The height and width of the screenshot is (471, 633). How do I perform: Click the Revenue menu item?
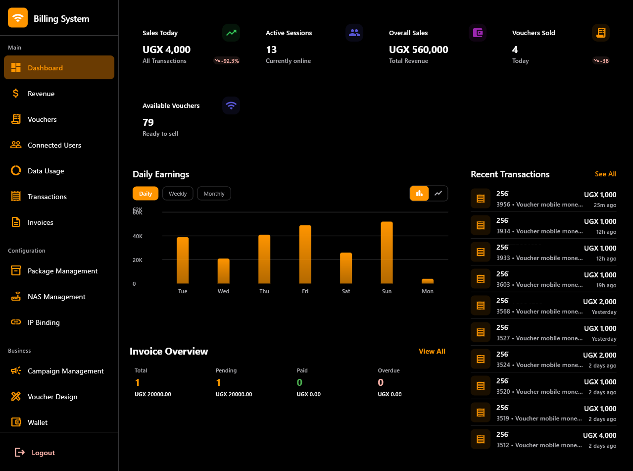(x=41, y=94)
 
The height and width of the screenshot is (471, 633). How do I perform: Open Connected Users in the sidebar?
(x=54, y=145)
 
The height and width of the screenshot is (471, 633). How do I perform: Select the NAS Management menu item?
(x=56, y=297)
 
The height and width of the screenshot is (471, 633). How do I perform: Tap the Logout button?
(x=43, y=453)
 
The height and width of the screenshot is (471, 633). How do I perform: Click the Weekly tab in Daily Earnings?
(x=178, y=194)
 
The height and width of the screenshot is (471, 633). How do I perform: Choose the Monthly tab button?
(x=214, y=194)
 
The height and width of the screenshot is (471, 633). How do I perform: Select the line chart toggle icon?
(x=438, y=193)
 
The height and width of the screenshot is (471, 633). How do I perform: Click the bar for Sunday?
(x=387, y=253)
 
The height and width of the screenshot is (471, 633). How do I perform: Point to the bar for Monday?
(x=428, y=281)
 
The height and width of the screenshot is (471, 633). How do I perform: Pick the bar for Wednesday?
(x=224, y=271)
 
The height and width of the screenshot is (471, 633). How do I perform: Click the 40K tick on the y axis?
(x=138, y=236)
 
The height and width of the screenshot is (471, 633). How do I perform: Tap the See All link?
(x=605, y=174)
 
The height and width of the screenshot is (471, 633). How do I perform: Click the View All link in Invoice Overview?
(x=432, y=351)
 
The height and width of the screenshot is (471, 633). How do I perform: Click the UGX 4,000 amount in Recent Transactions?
(x=599, y=435)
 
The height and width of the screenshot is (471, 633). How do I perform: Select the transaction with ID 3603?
(x=539, y=285)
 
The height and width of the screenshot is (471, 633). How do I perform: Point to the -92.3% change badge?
(x=227, y=61)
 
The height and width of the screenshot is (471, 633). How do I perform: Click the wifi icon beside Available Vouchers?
(x=231, y=105)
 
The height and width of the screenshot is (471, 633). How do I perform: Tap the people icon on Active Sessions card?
(x=354, y=33)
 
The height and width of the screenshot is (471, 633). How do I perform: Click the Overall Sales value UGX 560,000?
(x=418, y=50)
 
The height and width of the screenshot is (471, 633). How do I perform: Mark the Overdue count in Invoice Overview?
(x=381, y=382)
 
